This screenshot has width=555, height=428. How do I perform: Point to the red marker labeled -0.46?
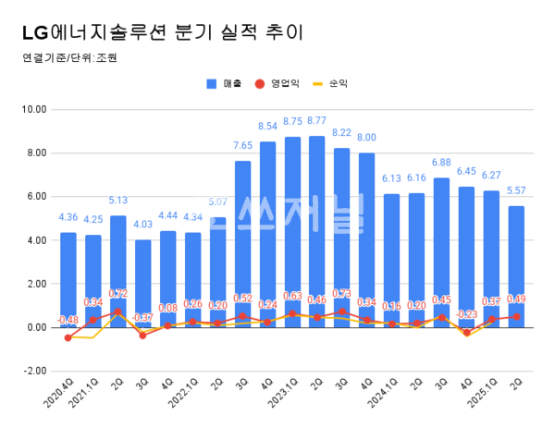tap(68, 337)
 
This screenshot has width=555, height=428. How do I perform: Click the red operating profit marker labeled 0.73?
tap(341, 312)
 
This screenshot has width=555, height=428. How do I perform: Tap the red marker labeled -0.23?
tap(466, 332)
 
